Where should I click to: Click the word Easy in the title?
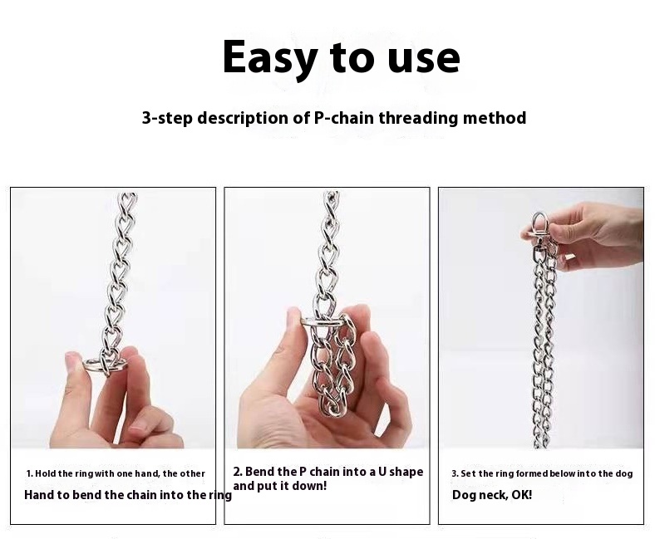pos(269,58)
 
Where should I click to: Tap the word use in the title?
pos(424,59)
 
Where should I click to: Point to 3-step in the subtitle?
pos(167,118)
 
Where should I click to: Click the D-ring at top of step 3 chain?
pos(539,226)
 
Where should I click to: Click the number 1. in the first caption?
pos(30,473)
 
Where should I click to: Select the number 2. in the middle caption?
pos(238,472)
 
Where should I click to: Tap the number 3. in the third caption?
pos(455,473)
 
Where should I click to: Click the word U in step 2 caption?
pos(382,472)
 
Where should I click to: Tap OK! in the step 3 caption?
pos(522,495)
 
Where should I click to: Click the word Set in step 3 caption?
pos(468,473)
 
